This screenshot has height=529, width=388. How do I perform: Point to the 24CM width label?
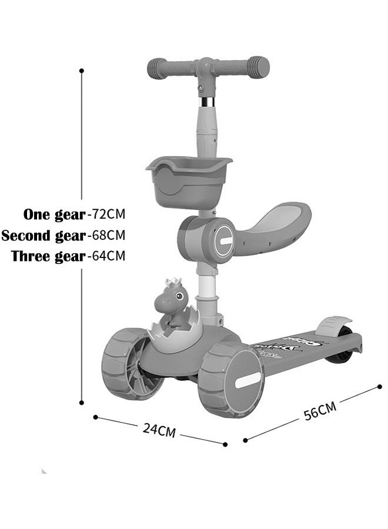[159, 430]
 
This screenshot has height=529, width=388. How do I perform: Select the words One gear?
[54, 213]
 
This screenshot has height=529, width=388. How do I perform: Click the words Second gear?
[44, 236]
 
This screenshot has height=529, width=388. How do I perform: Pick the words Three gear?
[48, 257]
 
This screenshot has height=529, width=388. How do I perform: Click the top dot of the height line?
[82, 71]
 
